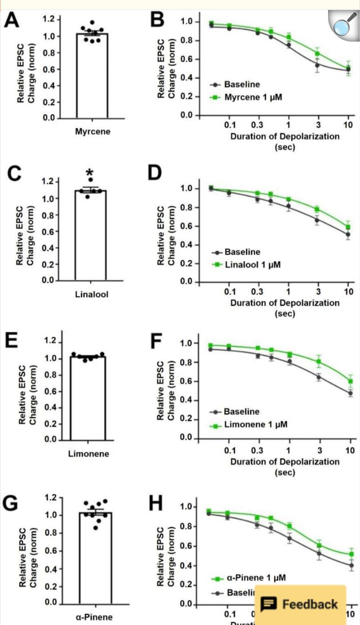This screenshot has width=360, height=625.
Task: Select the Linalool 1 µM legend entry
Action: coord(252,264)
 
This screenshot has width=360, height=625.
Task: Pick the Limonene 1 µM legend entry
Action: coord(255,424)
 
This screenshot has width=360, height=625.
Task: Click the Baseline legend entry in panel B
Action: coord(242,84)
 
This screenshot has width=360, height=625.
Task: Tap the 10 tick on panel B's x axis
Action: coord(348,125)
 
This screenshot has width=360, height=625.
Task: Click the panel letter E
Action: coord(11,341)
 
